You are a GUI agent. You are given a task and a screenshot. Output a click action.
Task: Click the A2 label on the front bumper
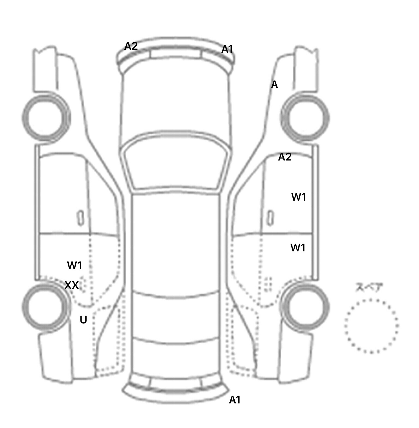(131, 46)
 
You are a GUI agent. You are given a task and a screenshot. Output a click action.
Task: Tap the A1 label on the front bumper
(227, 49)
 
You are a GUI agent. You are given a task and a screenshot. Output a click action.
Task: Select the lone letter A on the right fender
(274, 85)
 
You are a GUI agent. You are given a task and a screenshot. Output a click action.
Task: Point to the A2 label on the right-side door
(285, 157)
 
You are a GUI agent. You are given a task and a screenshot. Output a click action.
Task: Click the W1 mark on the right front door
(299, 197)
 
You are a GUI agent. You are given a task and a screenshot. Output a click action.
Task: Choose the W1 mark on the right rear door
(298, 248)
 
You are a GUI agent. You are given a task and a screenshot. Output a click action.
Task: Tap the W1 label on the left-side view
(74, 265)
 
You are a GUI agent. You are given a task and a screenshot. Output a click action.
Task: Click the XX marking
(72, 285)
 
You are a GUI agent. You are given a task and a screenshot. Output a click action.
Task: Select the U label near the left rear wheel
(83, 320)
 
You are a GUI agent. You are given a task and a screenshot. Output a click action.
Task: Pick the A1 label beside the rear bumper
(235, 400)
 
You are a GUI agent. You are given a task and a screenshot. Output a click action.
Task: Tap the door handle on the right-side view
(270, 218)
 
